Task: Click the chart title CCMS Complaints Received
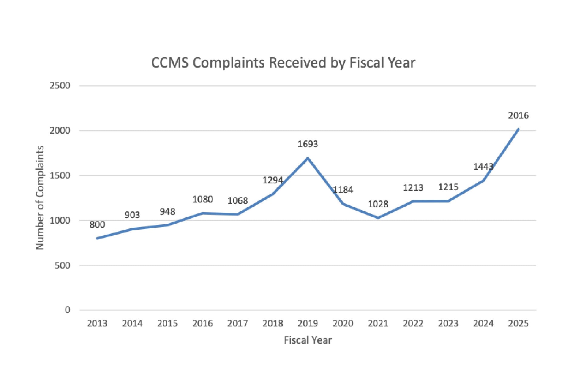[x=283, y=63]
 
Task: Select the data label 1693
[x=308, y=144]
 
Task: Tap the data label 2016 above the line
[x=518, y=115]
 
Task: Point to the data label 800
[x=97, y=225]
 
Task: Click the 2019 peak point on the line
[x=308, y=158]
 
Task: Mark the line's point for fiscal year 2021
[x=378, y=218]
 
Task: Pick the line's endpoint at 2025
[x=518, y=129]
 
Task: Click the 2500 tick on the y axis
[x=60, y=85]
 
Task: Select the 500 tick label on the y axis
[x=62, y=266]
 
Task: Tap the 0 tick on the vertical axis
[x=67, y=310]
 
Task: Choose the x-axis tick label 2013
[x=97, y=323]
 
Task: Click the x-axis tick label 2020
[x=343, y=323]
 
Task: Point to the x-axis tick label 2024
[x=483, y=323]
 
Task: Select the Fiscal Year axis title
[x=308, y=340]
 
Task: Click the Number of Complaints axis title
[x=40, y=198]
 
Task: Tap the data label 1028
[x=378, y=204]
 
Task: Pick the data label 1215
[x=448, y=187]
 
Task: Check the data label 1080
[x=202, y=199]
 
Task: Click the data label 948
[x=167, y=212]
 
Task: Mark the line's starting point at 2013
[x=97, y=239]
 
